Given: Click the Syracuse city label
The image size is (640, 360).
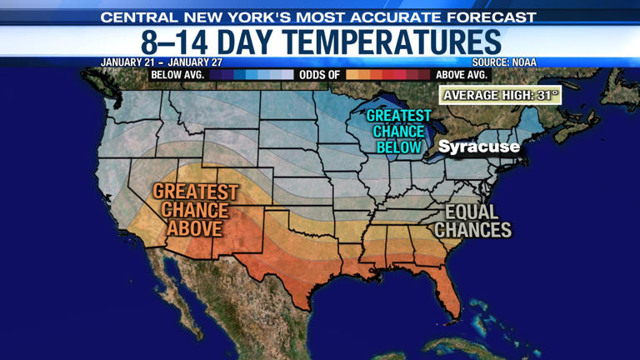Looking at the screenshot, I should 478,147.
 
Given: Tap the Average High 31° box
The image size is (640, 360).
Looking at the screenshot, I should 500,95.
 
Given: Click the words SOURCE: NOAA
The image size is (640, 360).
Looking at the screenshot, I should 504,62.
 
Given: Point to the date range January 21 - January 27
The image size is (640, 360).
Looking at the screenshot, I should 162,62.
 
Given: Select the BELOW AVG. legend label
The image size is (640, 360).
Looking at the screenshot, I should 178,74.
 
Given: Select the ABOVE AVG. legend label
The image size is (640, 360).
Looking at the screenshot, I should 462,74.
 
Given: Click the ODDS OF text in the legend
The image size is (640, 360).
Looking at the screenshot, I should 321,74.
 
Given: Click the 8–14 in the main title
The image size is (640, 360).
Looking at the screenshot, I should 170,42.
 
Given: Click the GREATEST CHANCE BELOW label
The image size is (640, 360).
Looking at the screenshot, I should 399,132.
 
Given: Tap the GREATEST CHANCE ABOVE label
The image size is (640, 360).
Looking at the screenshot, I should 195,210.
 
